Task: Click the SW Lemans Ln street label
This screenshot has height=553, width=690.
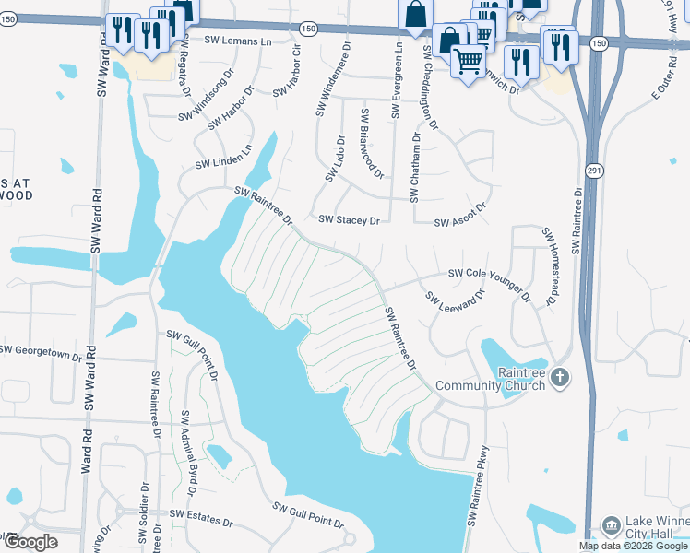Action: (x=238, y=41)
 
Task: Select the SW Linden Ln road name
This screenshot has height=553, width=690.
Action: (x=223, y=158)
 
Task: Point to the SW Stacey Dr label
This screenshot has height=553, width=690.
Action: (x=349, y=220)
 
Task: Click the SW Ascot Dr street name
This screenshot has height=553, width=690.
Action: (x=459, y=217)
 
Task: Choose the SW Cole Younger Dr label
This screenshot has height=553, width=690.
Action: (x=490, y=282)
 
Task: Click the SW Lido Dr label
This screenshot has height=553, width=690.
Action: (x=334, y=158)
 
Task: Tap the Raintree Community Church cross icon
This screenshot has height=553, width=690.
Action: (x=562, y=376)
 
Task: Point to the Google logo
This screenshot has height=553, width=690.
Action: (x=30, y=542)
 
